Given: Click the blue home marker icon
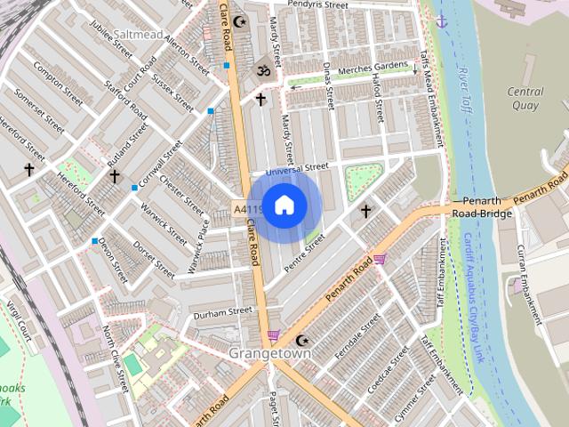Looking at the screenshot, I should coord(284,205).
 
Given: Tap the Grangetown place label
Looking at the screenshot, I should coord(270,353).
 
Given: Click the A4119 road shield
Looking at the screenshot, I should coord(248,208).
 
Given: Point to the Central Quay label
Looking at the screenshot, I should coord(525,98).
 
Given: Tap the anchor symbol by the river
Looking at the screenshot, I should coord(441,20).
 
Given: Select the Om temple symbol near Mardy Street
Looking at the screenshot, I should coord(262,69).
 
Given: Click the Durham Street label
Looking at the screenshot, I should coord(223,312).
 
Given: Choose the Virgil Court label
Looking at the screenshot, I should coord(19,322).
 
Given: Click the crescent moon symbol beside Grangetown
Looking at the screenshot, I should coord(302,340).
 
